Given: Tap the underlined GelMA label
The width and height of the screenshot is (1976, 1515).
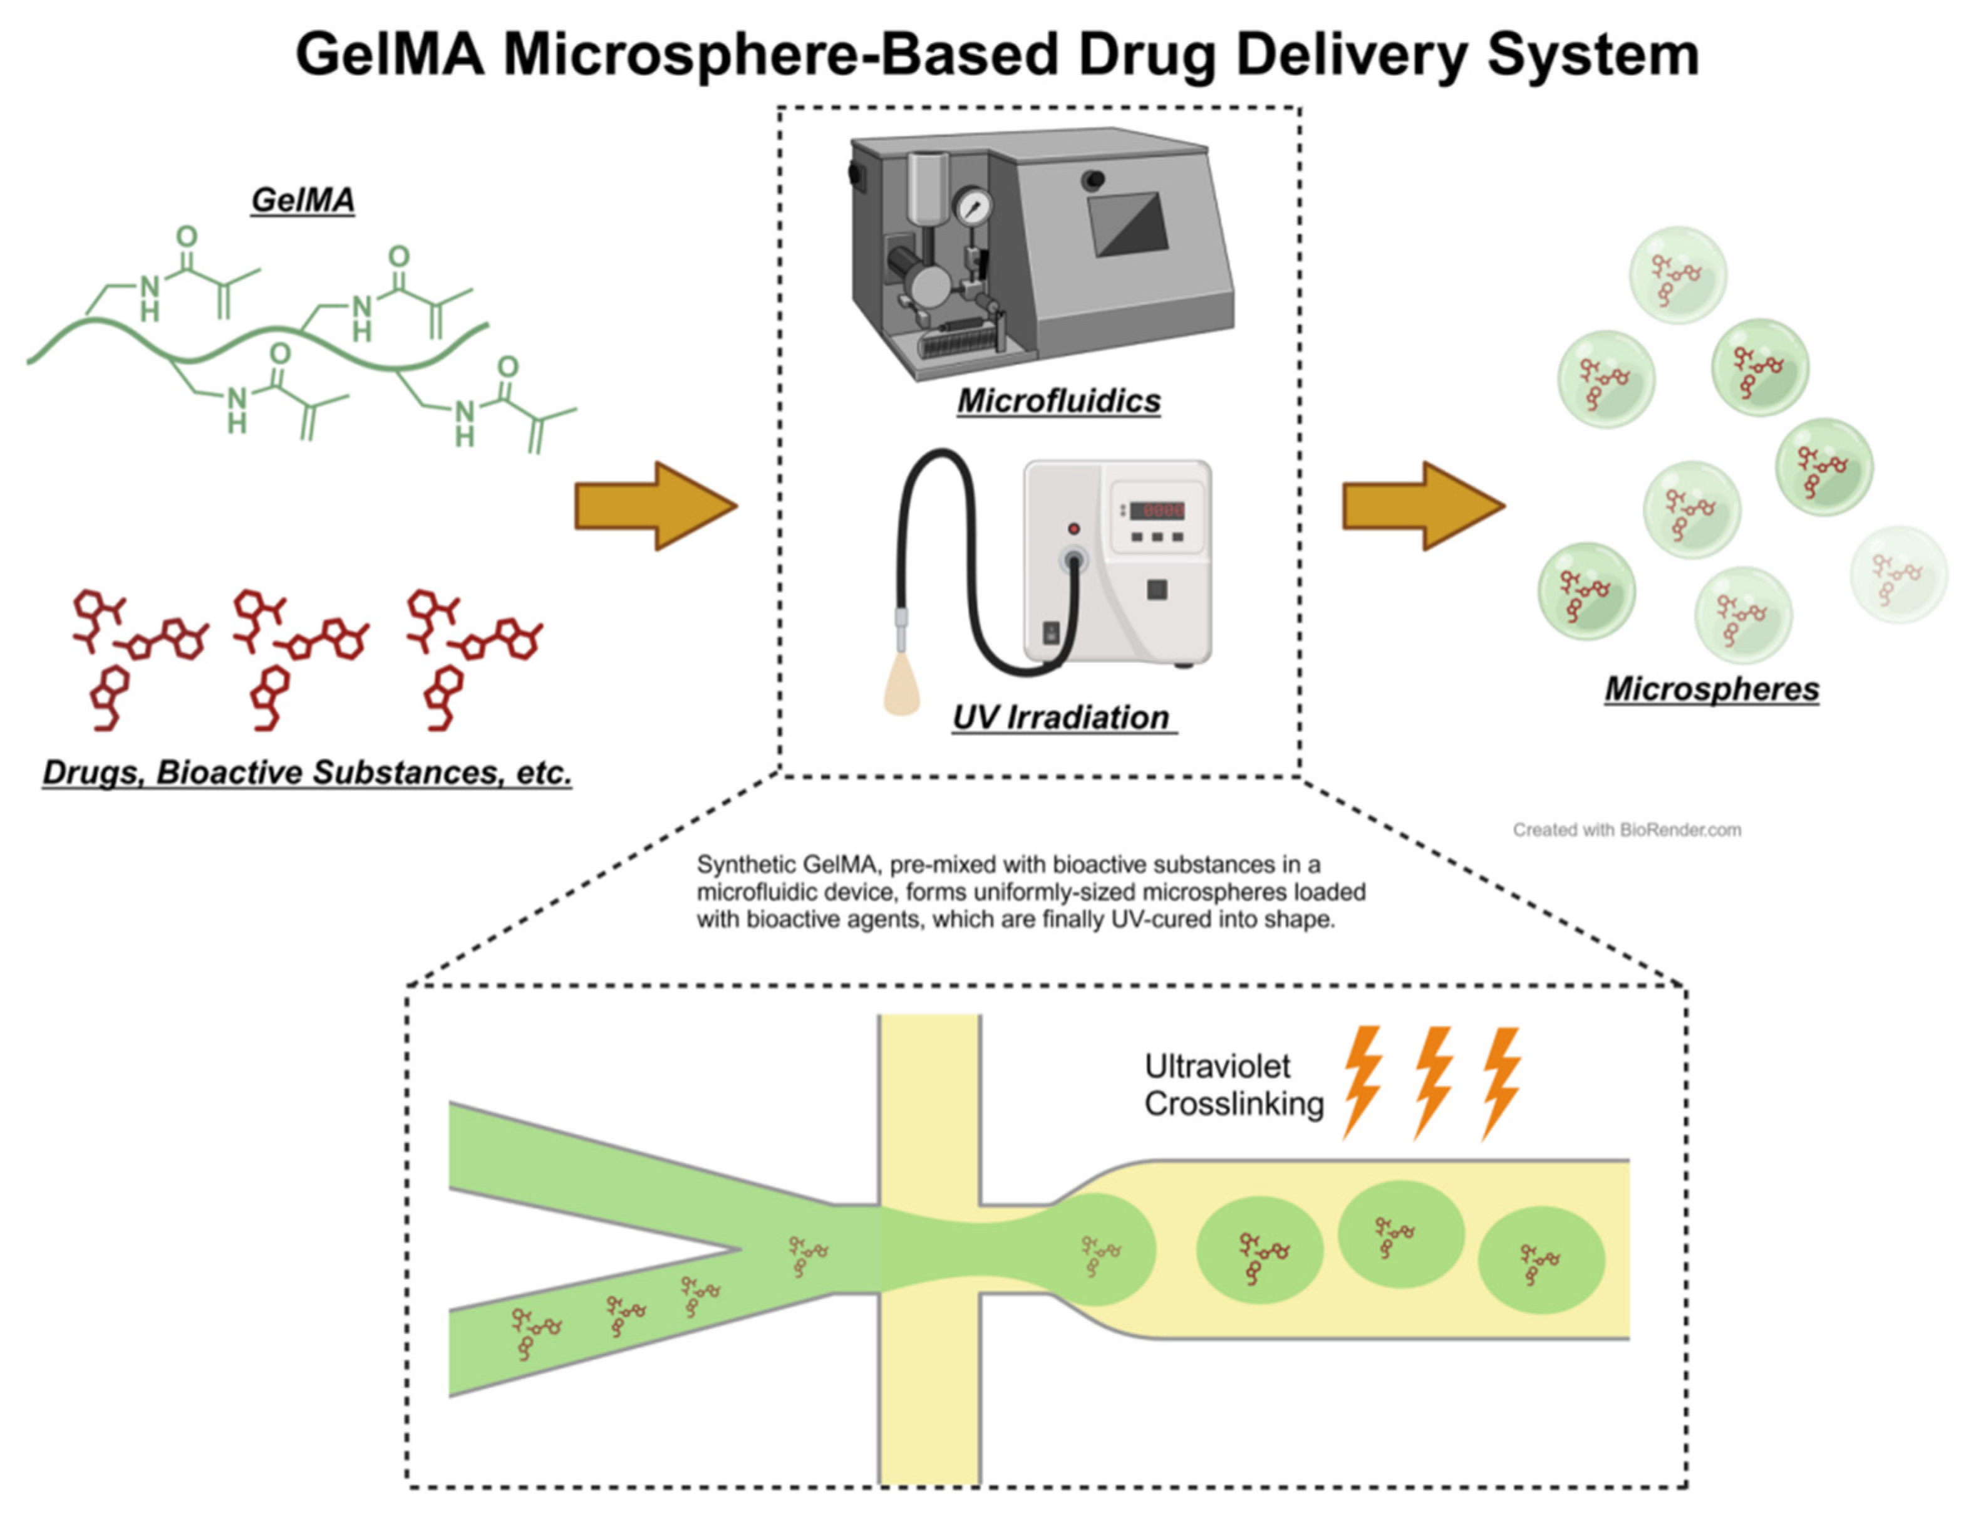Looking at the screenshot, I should pos(302,199).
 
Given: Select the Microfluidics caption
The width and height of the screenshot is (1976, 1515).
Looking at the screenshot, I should pos(1058,400).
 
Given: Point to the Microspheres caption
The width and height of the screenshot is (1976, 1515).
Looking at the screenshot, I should pos(1711,689).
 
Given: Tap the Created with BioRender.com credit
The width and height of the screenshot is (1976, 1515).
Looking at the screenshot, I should pos(1627,830).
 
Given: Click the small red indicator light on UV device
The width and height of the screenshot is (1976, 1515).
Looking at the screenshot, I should pos(1073,528).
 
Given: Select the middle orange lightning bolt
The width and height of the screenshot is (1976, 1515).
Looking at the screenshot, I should pos(1432,1081).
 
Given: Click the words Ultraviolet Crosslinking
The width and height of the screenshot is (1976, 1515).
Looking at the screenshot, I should pos(1233,1085).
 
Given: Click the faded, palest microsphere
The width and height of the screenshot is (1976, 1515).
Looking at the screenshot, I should pos(1898,575).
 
